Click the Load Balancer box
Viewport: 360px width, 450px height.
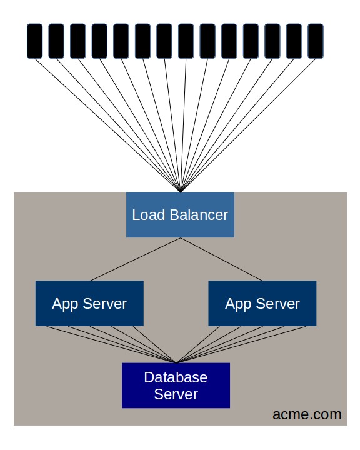point(180,215)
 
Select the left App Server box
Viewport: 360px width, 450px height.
point(89,303)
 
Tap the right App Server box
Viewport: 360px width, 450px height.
point(262,303)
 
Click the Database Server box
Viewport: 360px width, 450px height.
point(176,386)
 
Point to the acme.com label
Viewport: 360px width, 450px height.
point(307,414)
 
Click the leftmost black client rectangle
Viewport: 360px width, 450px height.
point(35,41)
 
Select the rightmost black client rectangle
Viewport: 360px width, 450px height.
point(316,41)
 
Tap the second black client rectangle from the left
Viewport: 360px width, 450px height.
point(56,41)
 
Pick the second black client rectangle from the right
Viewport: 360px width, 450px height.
point(294,41)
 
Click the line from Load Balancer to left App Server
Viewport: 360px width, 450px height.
point(135,259)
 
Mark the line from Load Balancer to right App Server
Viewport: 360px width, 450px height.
point(221,259)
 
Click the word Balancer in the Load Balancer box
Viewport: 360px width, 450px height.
point(199,215)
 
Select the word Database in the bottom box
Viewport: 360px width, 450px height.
point(176,377)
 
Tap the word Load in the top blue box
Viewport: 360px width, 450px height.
point(149,215)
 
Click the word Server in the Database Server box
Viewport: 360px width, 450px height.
point(176,394)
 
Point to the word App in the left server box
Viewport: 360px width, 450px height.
point(65,304)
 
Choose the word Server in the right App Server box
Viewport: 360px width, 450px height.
point(278,304)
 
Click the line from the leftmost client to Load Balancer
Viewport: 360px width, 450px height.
point(107,126)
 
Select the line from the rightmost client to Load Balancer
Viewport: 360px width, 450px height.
point(248,126)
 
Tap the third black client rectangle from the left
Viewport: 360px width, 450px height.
point(77,41)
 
